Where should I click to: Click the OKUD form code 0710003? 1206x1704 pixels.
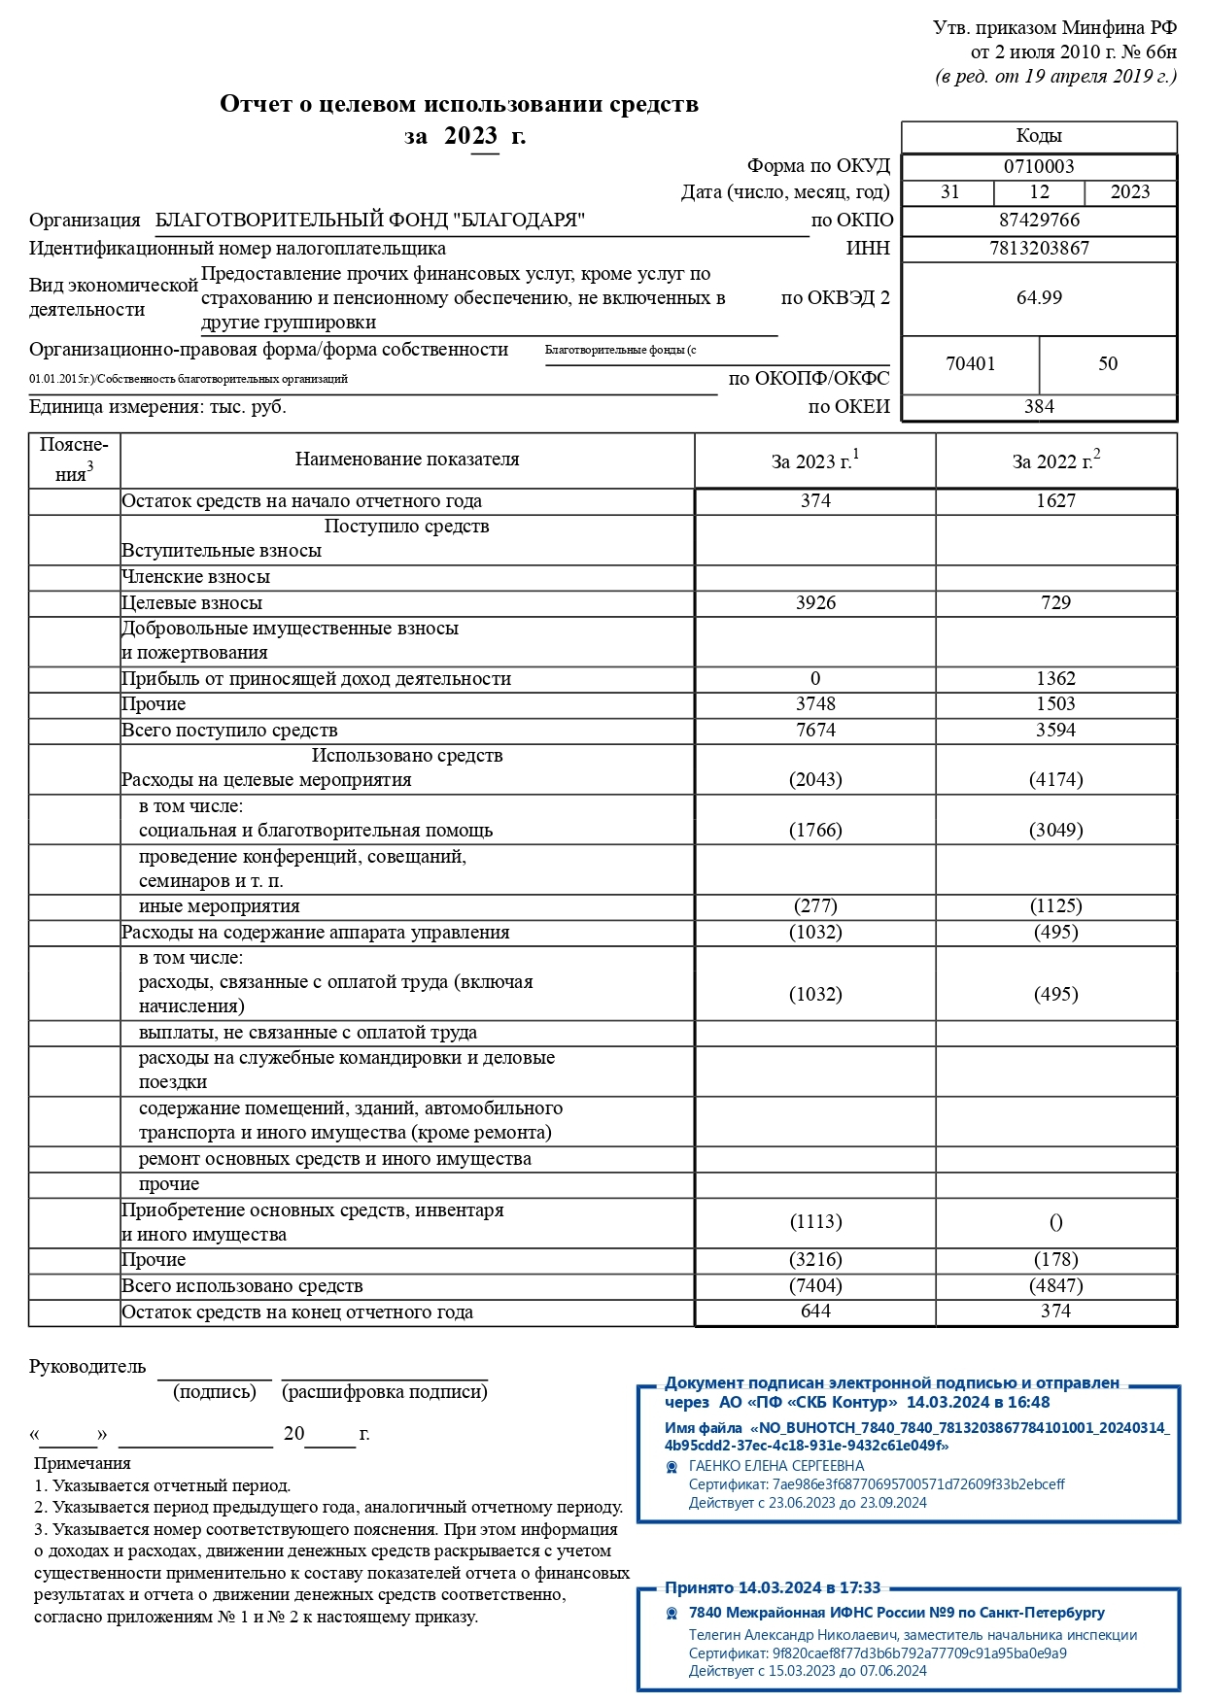(1039, 166)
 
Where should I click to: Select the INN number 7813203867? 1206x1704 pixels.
(1039, 248)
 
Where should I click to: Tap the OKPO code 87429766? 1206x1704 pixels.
(1039, 220)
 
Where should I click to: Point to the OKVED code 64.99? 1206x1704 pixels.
(1039, 297)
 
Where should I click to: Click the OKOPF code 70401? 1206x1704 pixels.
(970, 363)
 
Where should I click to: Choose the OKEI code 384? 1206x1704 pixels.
(1039, 406)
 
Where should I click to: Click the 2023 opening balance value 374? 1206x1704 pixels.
(815, 500)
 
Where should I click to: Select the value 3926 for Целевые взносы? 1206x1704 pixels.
(815, 602)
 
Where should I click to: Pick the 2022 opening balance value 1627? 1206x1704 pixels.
(1055, 500)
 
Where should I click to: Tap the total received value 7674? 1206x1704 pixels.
(815, 730)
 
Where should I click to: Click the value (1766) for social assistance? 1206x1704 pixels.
(815, 830)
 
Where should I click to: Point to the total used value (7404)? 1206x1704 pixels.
(815, 1285)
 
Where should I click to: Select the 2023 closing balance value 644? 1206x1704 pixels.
(815, 1311)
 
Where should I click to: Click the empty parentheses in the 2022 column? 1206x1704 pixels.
(1055, 1222)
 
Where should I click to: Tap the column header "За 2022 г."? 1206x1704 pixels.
(1055, 460)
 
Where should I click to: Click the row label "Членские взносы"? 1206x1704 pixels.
(195, 576)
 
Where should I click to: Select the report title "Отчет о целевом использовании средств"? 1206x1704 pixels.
(459, 104)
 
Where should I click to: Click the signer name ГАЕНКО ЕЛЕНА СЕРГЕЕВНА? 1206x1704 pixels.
(775, 1465)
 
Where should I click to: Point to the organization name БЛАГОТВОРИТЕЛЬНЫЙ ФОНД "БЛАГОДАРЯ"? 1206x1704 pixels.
(370, 220)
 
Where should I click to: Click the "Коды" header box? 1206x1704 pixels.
(1039, 136)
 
